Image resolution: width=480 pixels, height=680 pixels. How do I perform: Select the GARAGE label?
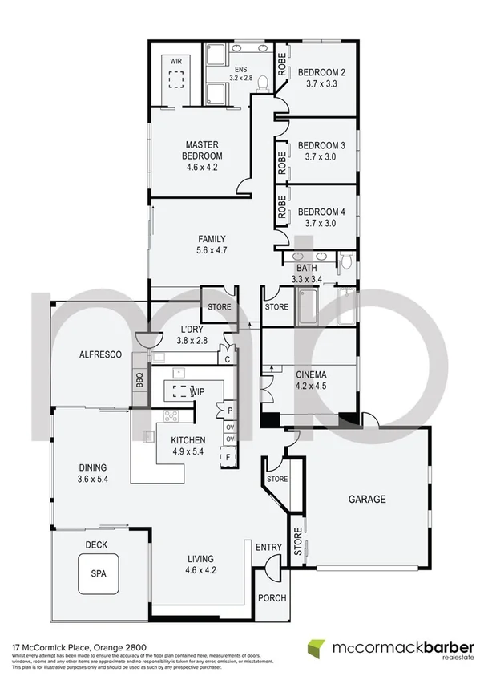pos(366,499)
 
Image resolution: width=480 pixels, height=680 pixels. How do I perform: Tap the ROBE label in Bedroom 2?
pos(281,64)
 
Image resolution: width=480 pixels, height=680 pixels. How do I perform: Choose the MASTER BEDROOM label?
pos(201,150)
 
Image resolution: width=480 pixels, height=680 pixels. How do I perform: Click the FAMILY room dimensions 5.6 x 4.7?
pos(212,250)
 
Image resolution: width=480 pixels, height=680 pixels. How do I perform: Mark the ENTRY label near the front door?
pos(268,548)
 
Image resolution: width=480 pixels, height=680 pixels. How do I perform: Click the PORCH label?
pos(271,598)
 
